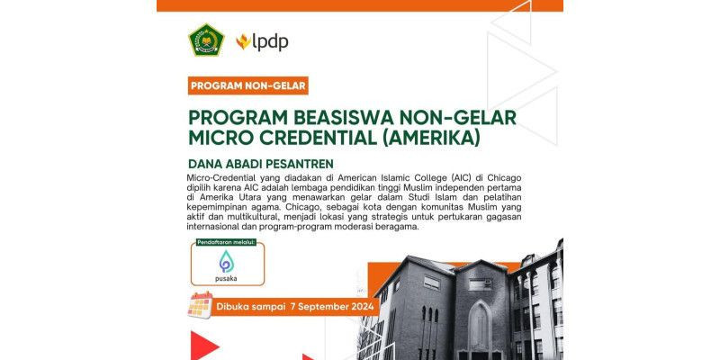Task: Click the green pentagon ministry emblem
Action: (x=207, y=40)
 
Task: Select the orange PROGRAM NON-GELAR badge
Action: (x=248, y=85)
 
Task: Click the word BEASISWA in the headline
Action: (x=327, y=118)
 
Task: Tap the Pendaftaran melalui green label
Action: (x=226, y=242)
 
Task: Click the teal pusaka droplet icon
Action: (x=227, y=261)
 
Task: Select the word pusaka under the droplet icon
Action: (x=226, y=278)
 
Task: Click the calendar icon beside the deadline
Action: (x=200, y=305)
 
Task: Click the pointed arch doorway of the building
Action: (x=480, y=329)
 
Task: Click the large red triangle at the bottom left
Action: (x=204, y=346)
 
